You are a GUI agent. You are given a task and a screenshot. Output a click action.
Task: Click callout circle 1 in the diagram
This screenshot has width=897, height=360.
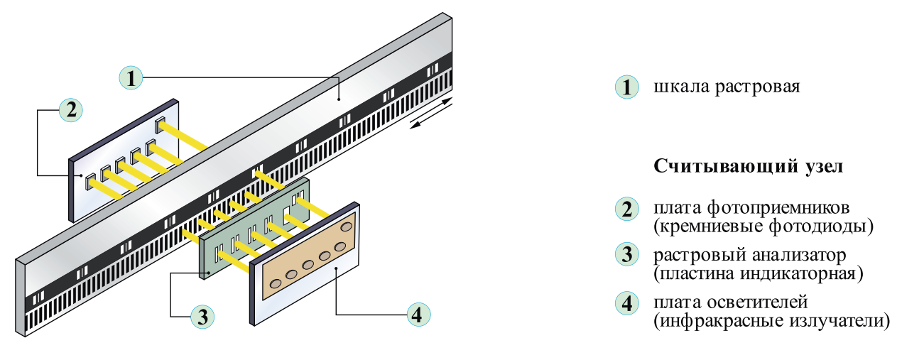[x=131, y=77]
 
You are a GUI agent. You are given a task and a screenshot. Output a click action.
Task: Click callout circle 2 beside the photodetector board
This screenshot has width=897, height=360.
[x=71, y=110]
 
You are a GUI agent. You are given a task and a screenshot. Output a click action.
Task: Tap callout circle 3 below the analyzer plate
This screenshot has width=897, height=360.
[x=202, y=317]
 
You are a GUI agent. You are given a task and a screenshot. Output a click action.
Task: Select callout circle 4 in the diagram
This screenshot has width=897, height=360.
[x=418, y=315]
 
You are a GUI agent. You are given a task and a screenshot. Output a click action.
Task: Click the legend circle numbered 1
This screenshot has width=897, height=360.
[x=626, y=87]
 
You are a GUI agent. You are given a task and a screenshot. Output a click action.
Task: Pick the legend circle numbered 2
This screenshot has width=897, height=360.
[x=626, y=209]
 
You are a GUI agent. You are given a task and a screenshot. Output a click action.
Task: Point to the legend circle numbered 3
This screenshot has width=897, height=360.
[x=626, y=254]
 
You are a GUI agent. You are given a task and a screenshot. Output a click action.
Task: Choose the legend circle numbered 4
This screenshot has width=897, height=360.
[x=626, y=303]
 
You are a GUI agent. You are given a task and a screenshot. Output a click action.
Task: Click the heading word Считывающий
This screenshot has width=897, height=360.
[x=726, y=166]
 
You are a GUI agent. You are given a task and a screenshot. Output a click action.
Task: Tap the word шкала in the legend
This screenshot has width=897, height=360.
[x=681, y=87]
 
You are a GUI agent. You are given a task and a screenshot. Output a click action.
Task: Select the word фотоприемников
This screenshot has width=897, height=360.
[x=778, y=208]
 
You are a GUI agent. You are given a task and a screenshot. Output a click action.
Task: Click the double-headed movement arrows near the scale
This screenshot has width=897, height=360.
[x=431, y=113]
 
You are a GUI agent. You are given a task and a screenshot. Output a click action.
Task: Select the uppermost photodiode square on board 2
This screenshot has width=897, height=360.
[x=160, y=124]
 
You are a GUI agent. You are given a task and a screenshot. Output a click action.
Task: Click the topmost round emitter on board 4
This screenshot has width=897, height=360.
[x=346, y=227]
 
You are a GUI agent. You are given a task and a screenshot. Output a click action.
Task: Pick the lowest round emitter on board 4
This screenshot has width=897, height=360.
[x=276, y=284]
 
